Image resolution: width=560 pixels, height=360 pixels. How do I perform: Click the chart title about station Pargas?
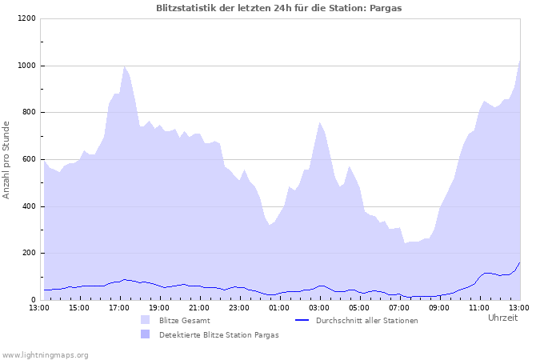point(279,8)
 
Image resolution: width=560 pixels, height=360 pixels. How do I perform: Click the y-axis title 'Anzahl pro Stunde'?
point(6,159)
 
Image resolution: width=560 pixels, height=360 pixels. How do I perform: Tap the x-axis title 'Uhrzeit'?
point(502,318)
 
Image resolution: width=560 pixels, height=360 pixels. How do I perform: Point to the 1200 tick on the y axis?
point(26,18)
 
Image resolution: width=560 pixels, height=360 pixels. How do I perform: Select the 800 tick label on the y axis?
point(29,112)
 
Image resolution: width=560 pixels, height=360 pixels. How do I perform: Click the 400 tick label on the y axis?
point(29,206)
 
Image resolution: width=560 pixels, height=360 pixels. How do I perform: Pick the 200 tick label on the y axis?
point(29,253)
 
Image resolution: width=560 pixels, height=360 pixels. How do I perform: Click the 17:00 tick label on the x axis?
point(119,307)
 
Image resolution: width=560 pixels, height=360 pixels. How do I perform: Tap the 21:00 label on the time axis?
point(199,307)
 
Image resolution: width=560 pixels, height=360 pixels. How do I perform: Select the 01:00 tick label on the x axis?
point(279,307)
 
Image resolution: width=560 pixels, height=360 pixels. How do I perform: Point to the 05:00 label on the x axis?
point(359,307)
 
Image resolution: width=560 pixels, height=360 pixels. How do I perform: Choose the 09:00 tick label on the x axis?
point(439,307)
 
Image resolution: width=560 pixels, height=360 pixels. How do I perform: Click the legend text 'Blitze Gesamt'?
point(185,321)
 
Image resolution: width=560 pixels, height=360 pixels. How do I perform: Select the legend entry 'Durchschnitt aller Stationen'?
point(366,321)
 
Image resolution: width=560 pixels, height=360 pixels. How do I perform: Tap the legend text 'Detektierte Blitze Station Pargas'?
point(218,335)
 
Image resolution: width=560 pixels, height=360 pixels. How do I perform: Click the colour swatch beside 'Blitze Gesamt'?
point(145,320)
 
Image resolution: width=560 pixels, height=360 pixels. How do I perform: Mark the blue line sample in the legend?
point(302,320)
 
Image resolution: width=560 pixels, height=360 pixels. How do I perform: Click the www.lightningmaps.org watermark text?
point(45,354)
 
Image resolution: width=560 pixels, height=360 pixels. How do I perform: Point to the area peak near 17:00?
point(124,67)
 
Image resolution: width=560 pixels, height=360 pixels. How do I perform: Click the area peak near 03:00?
point(319,122)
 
